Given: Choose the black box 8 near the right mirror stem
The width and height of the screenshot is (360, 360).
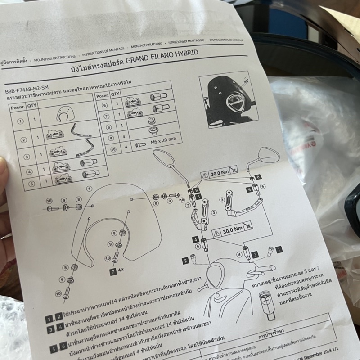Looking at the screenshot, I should coord(258,177).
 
